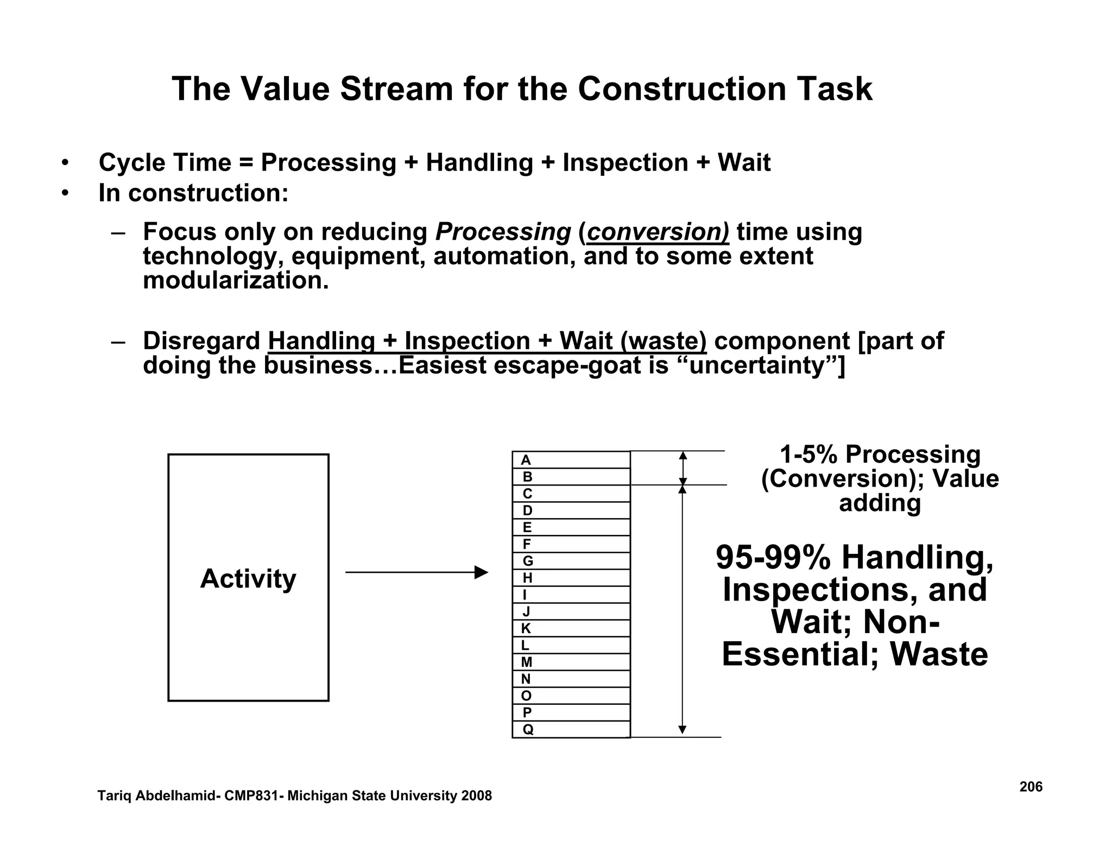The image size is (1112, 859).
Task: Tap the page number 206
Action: coord(1031,787)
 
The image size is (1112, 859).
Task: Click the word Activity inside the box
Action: coord(248,578)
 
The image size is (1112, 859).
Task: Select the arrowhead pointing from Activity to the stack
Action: coord(481,572)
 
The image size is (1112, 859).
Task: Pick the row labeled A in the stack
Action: coord(571,460)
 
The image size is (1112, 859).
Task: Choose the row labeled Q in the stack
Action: coord(571,729)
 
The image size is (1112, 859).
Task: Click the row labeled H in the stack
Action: coord(571,578)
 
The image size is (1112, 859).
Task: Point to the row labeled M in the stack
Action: coord(571,662)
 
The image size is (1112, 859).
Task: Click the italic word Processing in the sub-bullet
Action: coord(503,232)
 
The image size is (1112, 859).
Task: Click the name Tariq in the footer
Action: coord(114,796)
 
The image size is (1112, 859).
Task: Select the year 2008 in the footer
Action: coord(476,796)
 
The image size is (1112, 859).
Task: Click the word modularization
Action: coord(236,281)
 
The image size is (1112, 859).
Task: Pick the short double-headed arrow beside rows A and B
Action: coord(683,468)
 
